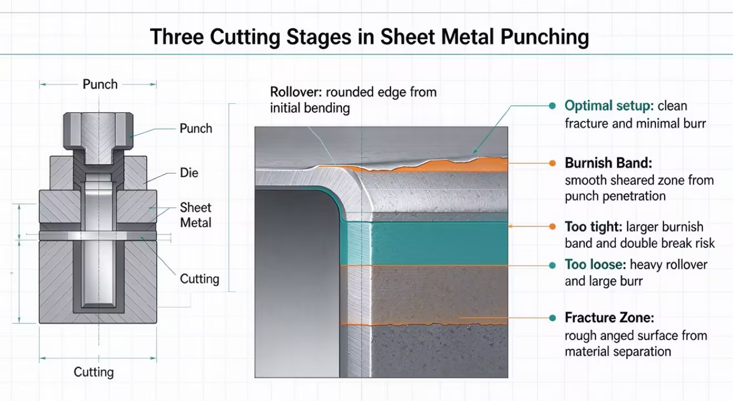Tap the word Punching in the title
545,37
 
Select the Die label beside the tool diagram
189,172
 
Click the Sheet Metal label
195,215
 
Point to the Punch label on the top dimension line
100,84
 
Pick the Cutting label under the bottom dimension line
94,372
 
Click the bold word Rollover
297,92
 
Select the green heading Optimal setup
609,106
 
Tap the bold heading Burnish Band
609,163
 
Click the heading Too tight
594,227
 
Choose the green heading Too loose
595,265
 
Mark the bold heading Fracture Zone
610,318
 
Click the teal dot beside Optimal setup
552,106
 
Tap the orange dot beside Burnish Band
553,163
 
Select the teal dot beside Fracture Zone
553,318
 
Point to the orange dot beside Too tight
553,226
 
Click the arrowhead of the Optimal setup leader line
474,151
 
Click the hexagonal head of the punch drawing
98,130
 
